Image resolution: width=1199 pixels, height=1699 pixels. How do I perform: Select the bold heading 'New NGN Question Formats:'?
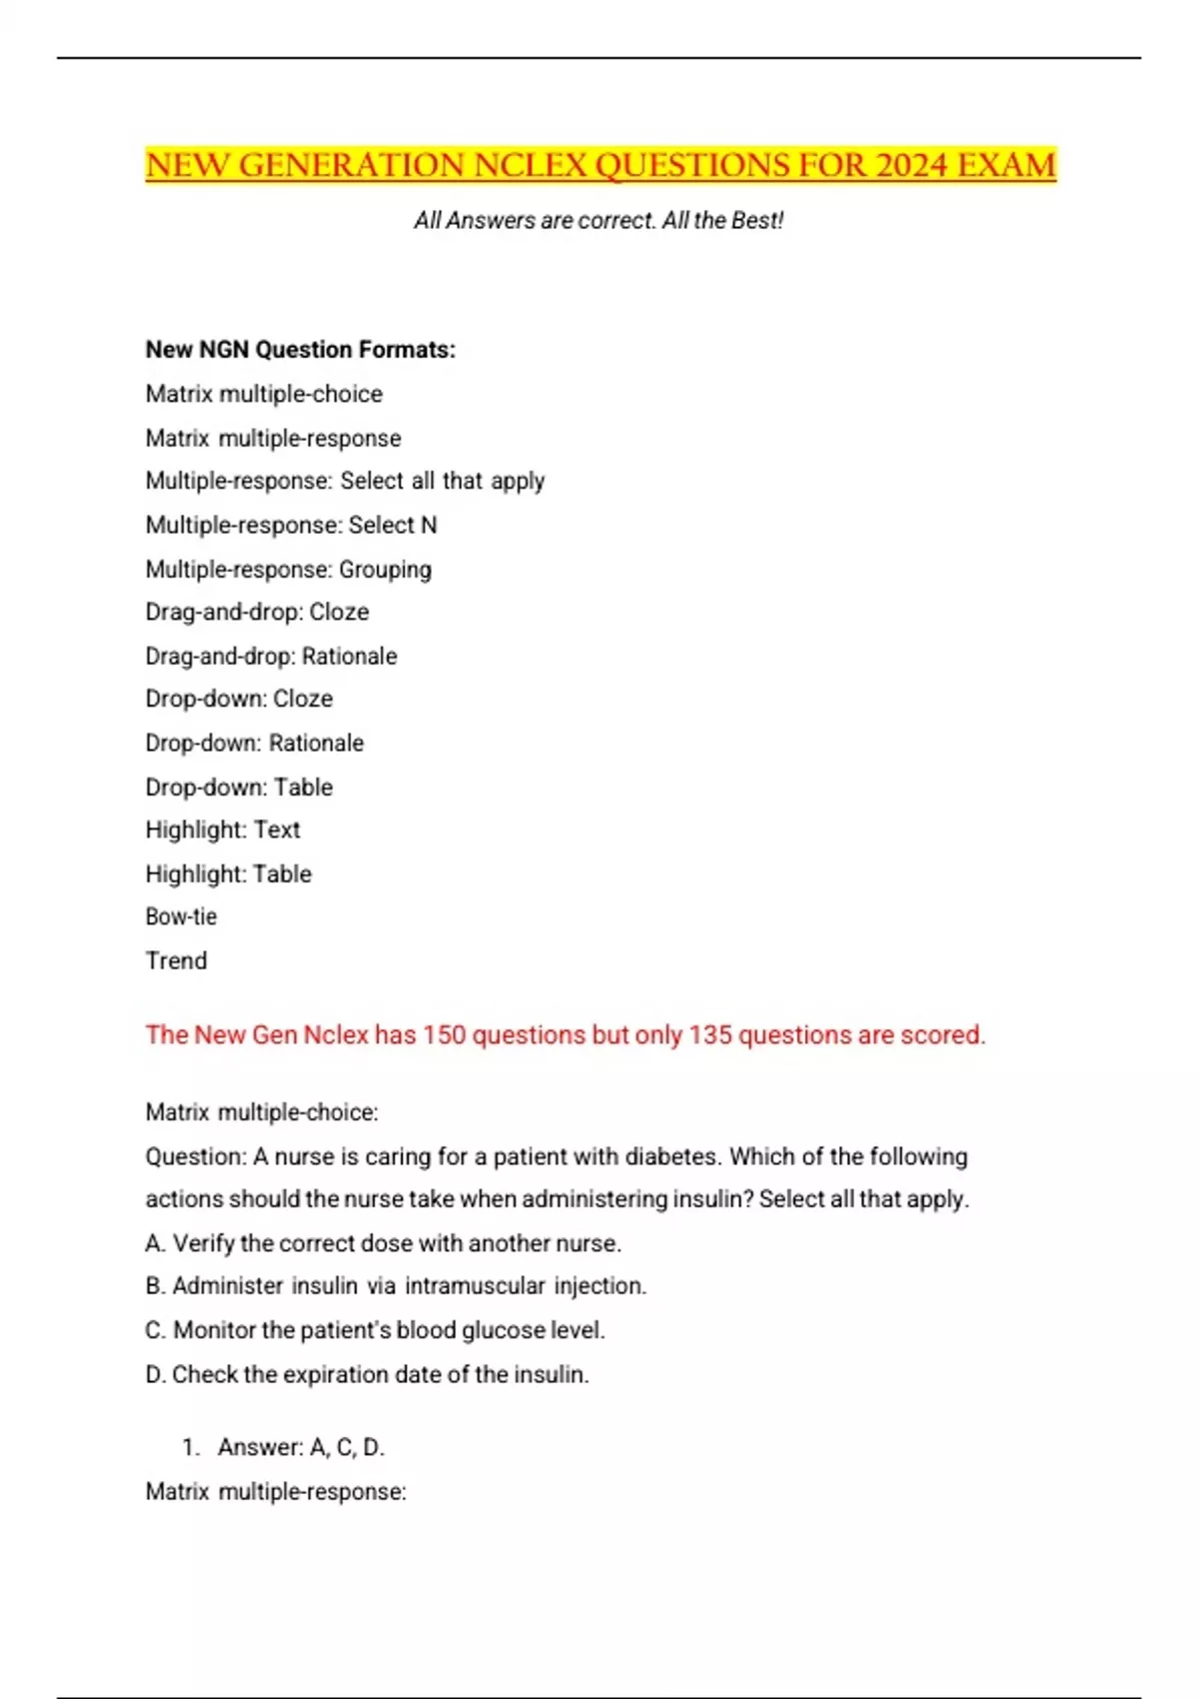coord(300,350)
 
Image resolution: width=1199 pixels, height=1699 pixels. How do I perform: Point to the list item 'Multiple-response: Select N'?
coord(291,525)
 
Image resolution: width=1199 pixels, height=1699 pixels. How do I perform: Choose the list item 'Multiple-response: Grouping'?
coord(289,569)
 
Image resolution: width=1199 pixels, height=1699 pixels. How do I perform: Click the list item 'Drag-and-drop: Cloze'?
coord(257,612)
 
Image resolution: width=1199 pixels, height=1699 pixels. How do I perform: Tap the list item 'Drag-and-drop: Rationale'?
coord(271,656)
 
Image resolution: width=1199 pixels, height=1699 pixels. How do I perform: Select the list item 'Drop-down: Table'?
coord(239,787)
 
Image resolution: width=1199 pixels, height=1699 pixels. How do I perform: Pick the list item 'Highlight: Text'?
coord(222,830)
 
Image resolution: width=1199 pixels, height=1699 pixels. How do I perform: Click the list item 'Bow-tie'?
coord(181,916)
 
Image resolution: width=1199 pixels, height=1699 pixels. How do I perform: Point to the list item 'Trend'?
coord(176,960)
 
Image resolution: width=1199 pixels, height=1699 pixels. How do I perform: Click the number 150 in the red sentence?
coord(444,1034)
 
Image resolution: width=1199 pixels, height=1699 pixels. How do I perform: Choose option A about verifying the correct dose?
coord(383,1243)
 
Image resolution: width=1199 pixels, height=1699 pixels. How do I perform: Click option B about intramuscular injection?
coord(396,1286)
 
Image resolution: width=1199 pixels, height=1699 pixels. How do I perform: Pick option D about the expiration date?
coord(367,1374)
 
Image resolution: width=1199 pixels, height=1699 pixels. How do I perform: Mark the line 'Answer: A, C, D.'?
coord(301,1447)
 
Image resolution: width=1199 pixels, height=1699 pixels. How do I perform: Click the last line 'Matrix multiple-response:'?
coord(276,1491)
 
